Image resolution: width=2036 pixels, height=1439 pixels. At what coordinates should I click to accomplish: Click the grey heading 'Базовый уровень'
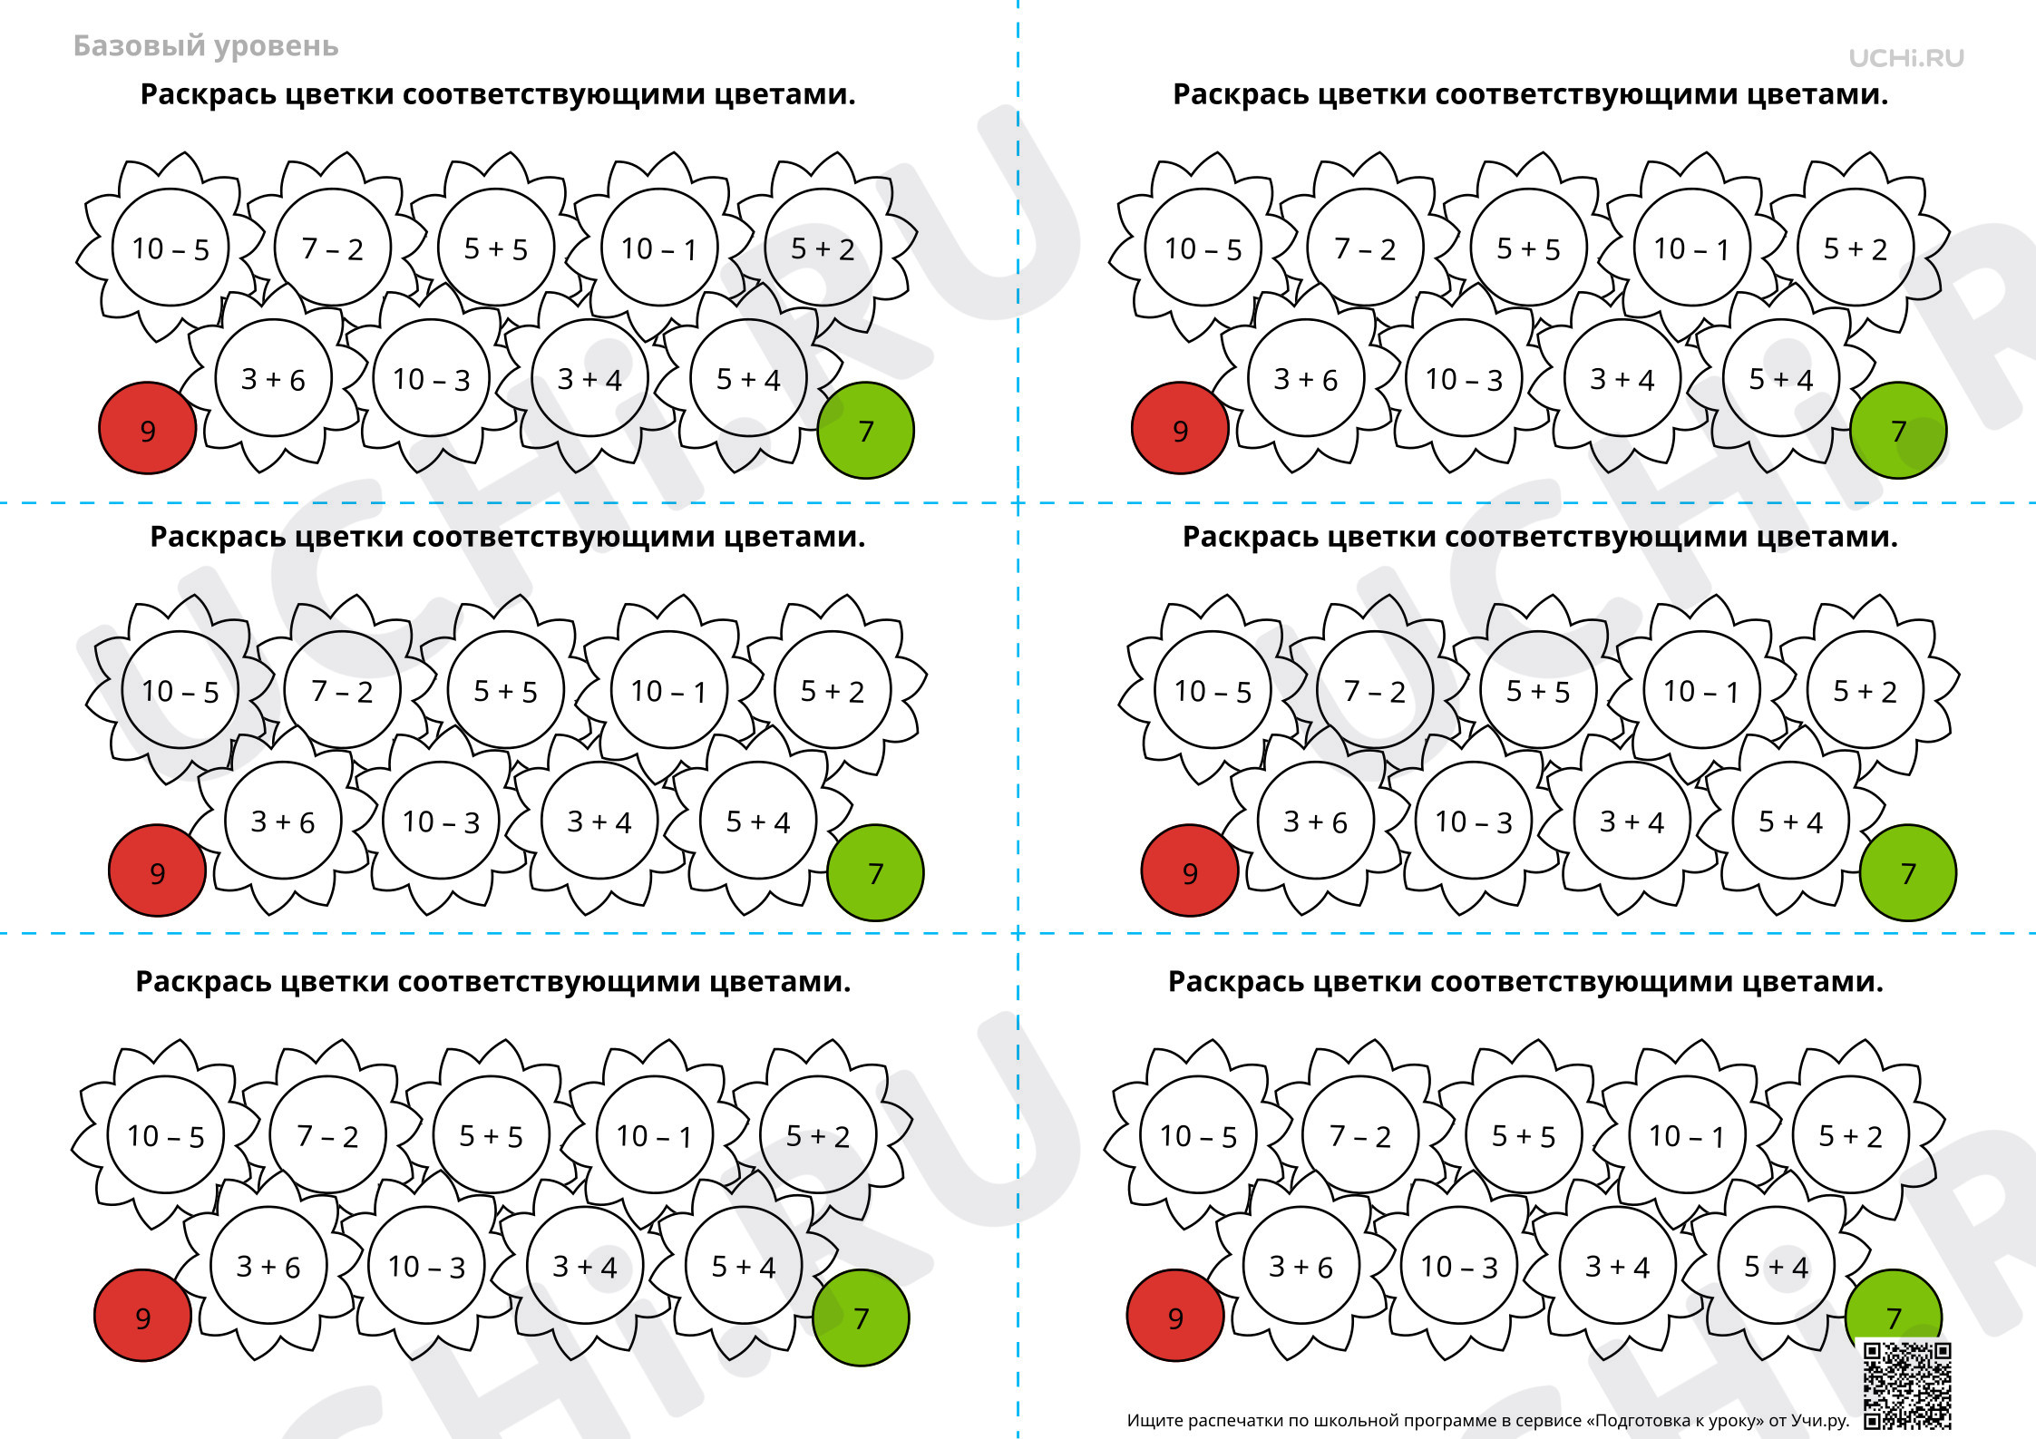206,46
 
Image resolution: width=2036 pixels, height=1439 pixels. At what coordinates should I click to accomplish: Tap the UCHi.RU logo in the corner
1906,58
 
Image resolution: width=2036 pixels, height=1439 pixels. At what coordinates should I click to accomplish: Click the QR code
1907,1386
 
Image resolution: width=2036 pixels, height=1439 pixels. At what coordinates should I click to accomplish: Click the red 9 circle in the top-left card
148,429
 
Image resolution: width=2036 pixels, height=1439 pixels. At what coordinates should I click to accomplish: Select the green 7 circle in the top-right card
1898,430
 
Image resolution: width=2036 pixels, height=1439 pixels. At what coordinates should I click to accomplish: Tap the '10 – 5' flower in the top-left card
170,248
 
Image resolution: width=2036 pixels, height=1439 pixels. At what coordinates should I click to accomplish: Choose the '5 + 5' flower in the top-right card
1528,248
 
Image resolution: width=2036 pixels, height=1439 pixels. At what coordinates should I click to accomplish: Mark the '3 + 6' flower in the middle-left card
283,821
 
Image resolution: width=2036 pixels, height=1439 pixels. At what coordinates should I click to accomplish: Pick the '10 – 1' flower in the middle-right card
1701,690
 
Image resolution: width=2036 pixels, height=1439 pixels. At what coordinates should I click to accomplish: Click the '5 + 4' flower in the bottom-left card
744,1266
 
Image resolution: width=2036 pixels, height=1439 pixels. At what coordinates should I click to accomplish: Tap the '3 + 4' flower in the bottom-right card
1618,1266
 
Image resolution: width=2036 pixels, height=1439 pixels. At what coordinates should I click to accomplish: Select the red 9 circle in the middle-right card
1190,871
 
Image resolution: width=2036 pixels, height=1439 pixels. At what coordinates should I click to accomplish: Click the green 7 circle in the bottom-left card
861,1317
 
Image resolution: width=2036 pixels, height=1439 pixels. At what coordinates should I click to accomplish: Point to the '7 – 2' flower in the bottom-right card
1360,1135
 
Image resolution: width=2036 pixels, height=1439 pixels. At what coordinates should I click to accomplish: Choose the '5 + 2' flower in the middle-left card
833,690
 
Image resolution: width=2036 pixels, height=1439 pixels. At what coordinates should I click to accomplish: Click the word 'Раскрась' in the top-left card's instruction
209,94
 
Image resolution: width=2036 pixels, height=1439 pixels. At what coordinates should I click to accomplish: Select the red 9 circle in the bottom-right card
1175,1317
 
